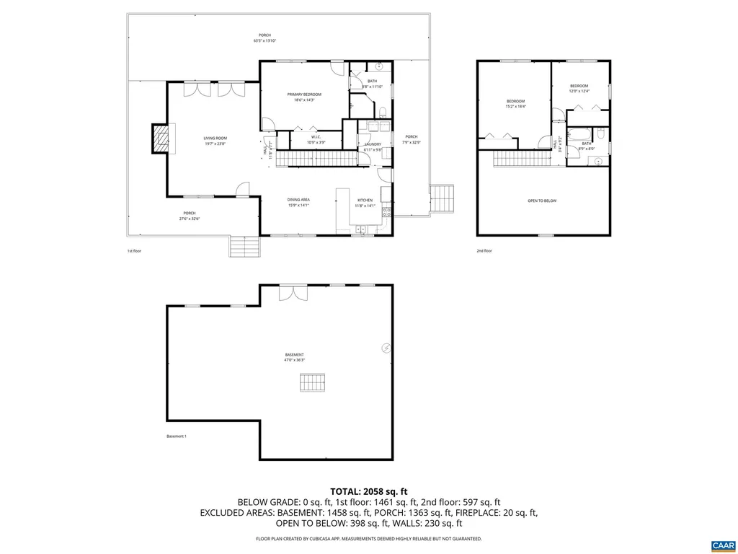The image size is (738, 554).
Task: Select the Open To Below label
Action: (x=542, y=201)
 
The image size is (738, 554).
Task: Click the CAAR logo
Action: (x=721, y=544)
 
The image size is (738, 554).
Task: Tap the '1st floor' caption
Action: (x=135, y=251)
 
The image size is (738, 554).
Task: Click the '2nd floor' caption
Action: (x=484, y=251)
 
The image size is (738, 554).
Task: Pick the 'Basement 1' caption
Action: (x=177, y=436)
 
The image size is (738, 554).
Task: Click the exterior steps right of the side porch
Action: (x=443, y=198)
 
